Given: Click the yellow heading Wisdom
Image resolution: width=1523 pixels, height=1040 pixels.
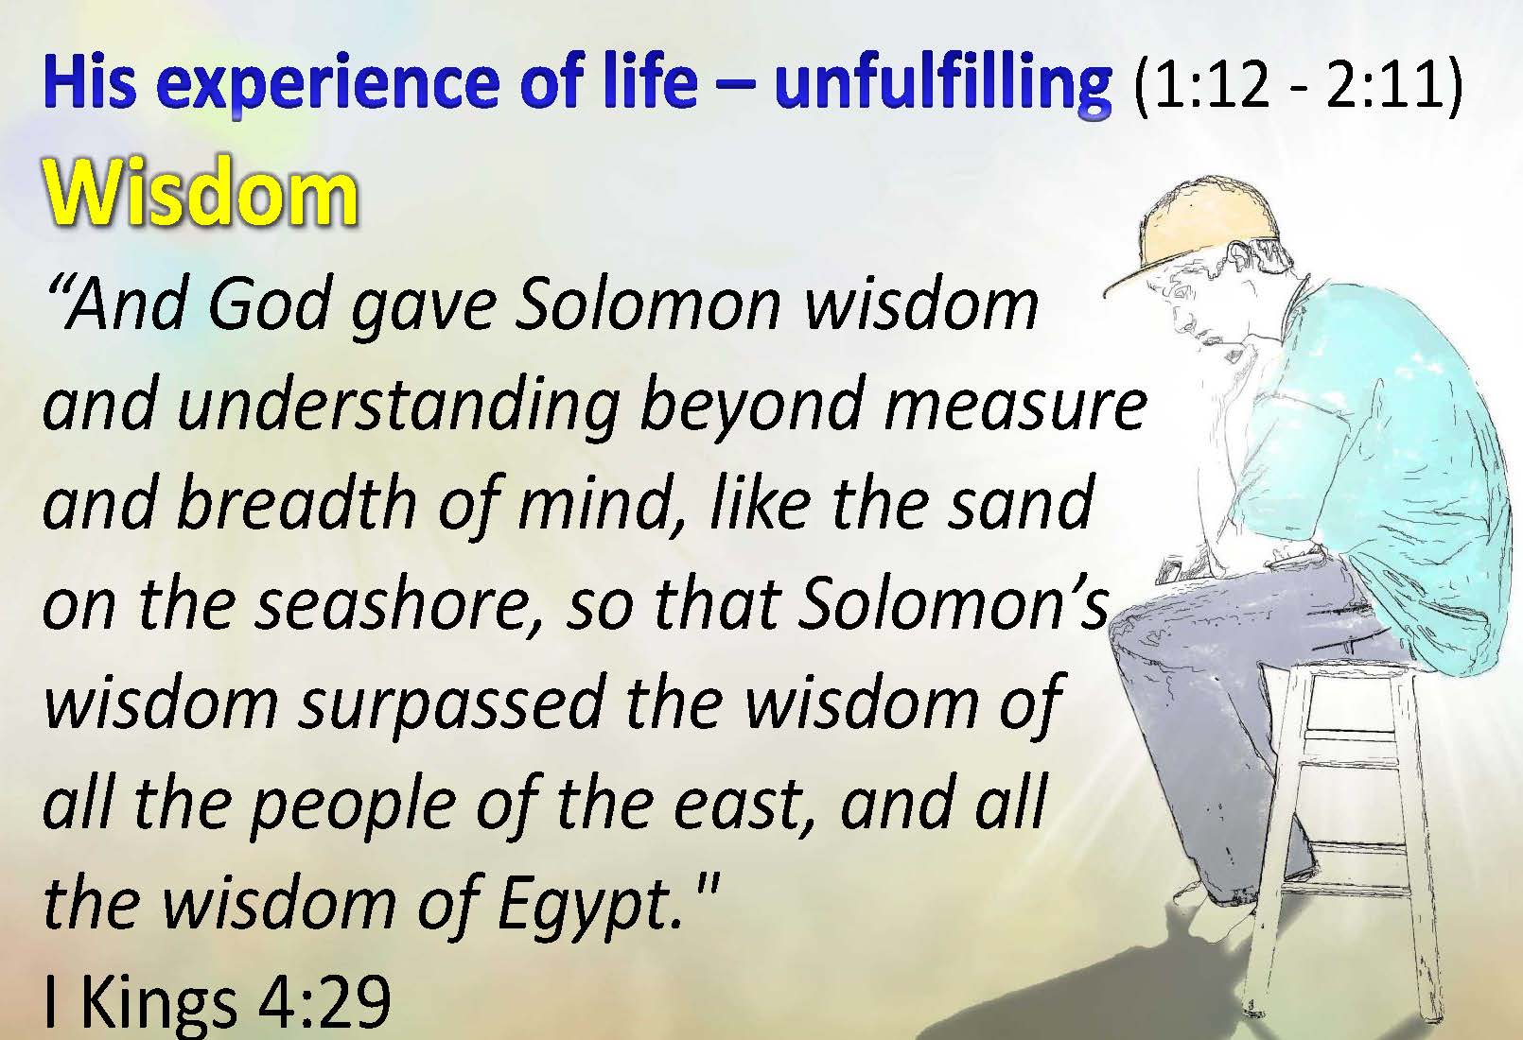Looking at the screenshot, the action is tap(201, 193).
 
